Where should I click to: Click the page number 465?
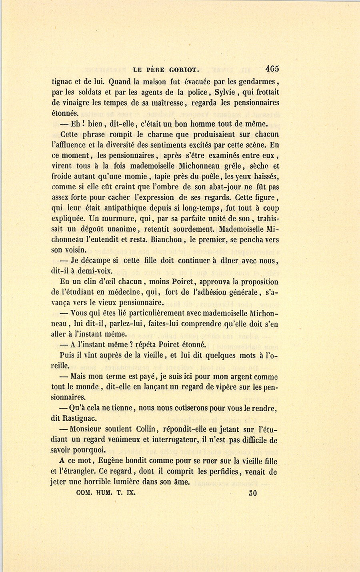coord(272,68)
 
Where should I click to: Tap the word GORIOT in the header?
coord(180,70)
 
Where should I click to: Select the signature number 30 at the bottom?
coord(252,493)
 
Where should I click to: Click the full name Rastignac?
coord(79,419)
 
